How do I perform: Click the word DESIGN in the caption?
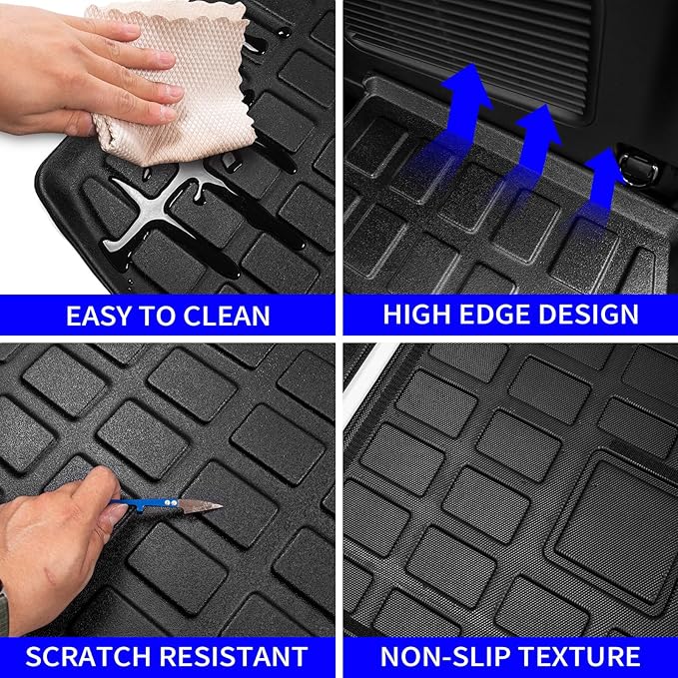591,315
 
